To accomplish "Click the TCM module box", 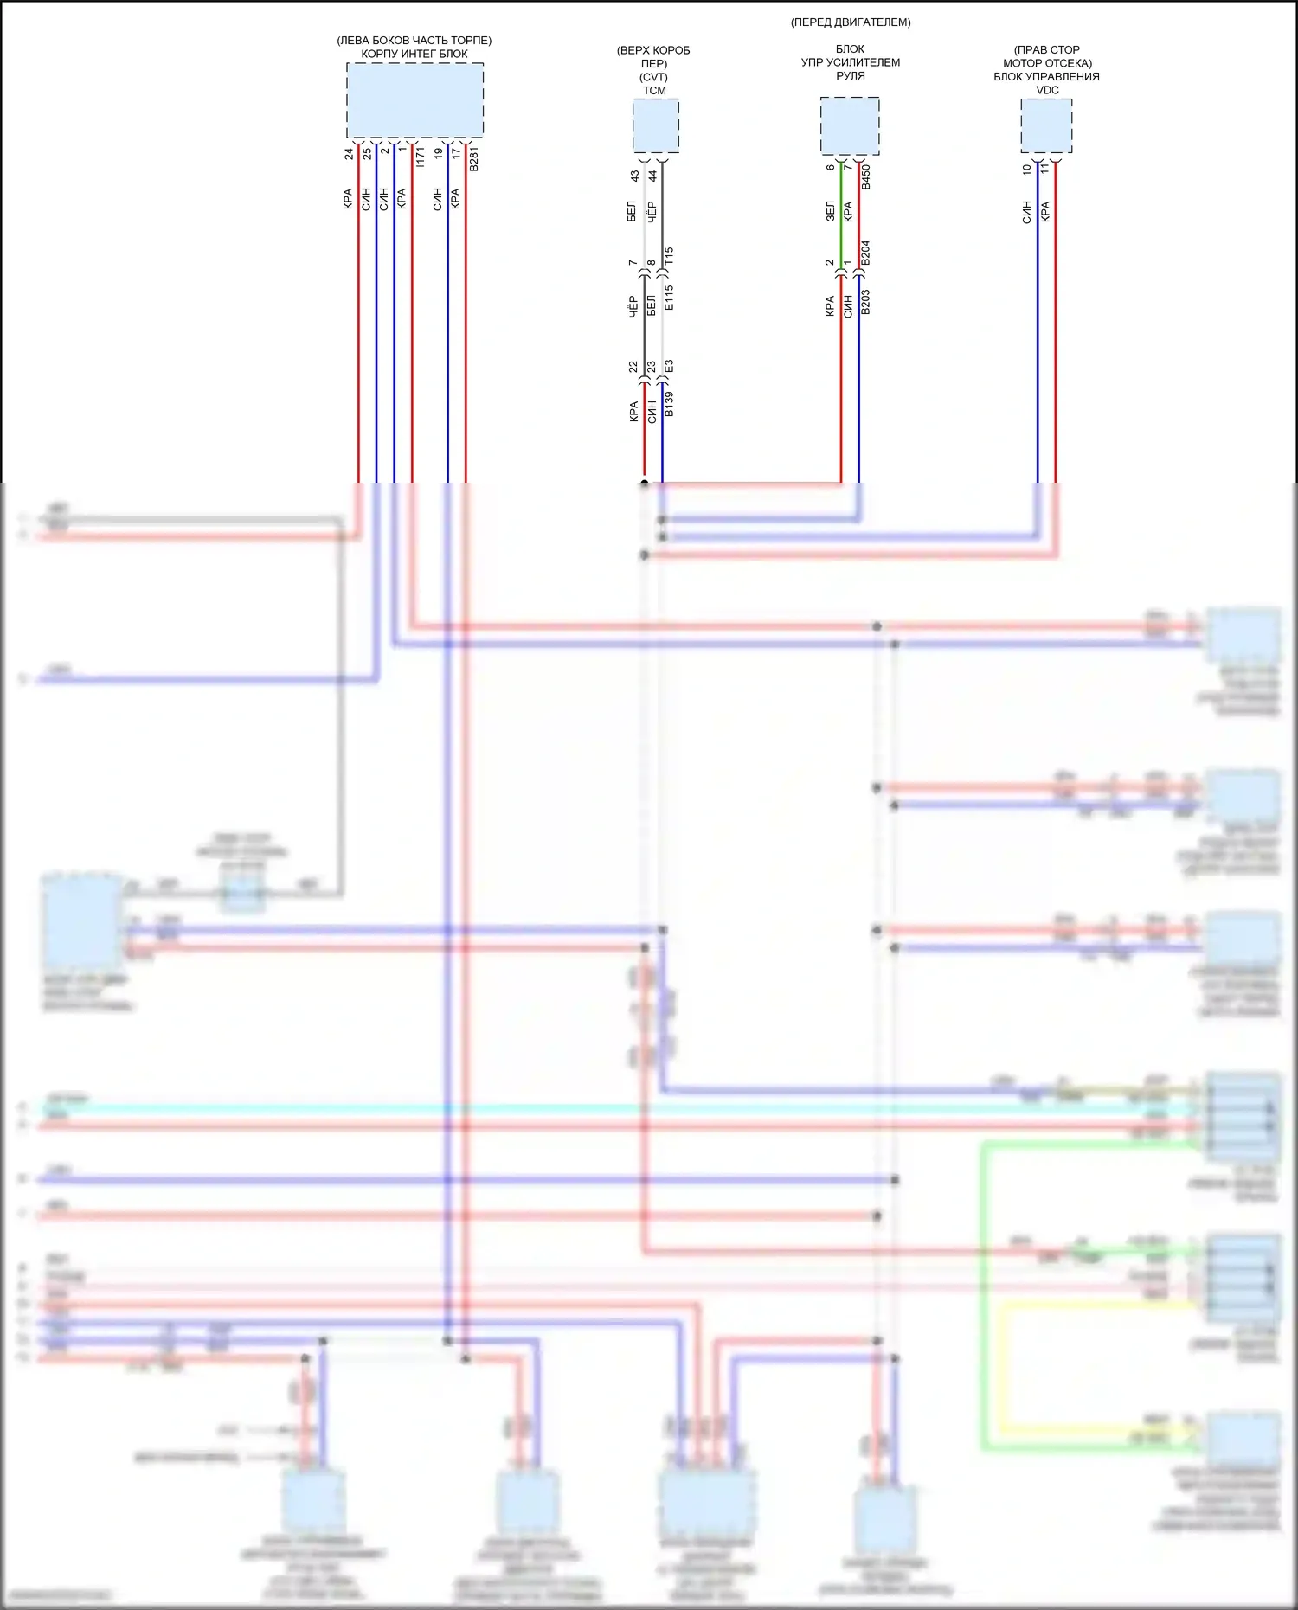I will click(655, 126).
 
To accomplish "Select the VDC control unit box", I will click(1046, 126).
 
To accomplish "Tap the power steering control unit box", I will click(850, 126).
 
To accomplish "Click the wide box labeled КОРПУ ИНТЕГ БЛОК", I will click(414, 99).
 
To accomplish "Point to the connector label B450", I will click(865, 177).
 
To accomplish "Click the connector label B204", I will click(865, 253).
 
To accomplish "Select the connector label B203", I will click(865, 301).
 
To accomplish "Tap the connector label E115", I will click(669, 298).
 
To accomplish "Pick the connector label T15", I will click(669, 256).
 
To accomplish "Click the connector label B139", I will click(669, 404).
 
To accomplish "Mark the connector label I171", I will click(420, 157).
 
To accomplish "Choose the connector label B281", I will click(473, 159).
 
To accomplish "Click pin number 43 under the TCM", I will click(634, 176).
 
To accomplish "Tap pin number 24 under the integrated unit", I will click(349, 154).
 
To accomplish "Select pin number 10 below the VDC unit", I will click(1027, 170).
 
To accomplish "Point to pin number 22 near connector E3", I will click(633, 367).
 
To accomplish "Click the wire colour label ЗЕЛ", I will click(830, 211).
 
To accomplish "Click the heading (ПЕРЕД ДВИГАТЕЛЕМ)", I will click(851, 22).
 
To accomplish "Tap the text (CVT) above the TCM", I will click(653, 77).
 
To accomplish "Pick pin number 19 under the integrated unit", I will click(438, 153).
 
